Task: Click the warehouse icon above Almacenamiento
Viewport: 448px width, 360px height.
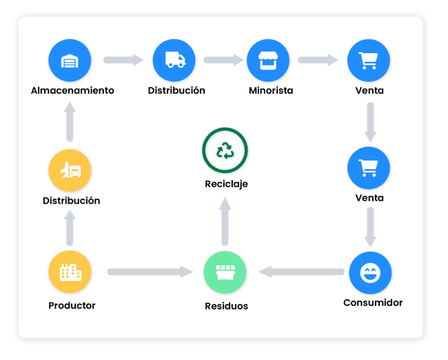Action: point(70,60)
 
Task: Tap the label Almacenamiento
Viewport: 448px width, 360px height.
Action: point(72,90)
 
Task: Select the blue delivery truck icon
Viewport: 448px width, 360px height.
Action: point(174,60)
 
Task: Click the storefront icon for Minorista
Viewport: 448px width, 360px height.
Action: point(268,60)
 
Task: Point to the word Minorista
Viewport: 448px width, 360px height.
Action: point(271,90)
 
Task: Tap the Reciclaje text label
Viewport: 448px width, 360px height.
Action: point(226,184)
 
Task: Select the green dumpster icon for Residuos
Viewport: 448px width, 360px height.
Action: point(225,272)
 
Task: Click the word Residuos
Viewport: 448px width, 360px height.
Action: point(226,306)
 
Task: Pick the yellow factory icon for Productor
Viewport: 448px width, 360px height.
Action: point(70,272)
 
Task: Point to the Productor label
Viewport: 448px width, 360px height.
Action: point(72,306)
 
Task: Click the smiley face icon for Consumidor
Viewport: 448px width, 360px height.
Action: point(370,273)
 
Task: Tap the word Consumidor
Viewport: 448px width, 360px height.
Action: point(373,303)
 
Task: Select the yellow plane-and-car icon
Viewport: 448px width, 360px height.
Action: point(70,170)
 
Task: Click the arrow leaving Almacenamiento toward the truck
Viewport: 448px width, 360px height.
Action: point(123,60)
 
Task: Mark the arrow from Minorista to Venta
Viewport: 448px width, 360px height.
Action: point(318,60)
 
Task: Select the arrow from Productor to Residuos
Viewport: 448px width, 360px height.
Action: point(150,272)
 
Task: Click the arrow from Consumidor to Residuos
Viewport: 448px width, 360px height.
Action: point(301,272)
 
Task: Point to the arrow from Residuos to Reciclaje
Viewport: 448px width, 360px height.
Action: point(225,221)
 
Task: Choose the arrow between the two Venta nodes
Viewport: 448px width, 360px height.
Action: point(370,122)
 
